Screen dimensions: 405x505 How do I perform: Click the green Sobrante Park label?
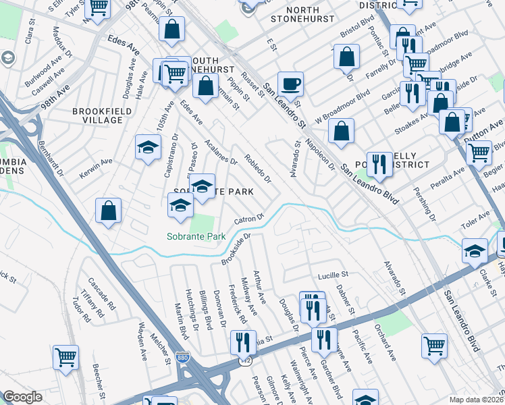pos(196,236)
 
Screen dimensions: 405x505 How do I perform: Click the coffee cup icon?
pos(290,84)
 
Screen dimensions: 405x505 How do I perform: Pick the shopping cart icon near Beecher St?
pos(65,358)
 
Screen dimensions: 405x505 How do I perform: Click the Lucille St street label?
pos(332,275)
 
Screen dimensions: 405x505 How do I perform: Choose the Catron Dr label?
pos(248,220)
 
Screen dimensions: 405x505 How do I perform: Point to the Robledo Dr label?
pos(257,171)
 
